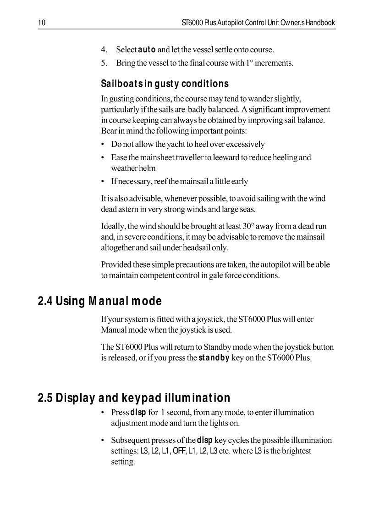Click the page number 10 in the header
(41, 22)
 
